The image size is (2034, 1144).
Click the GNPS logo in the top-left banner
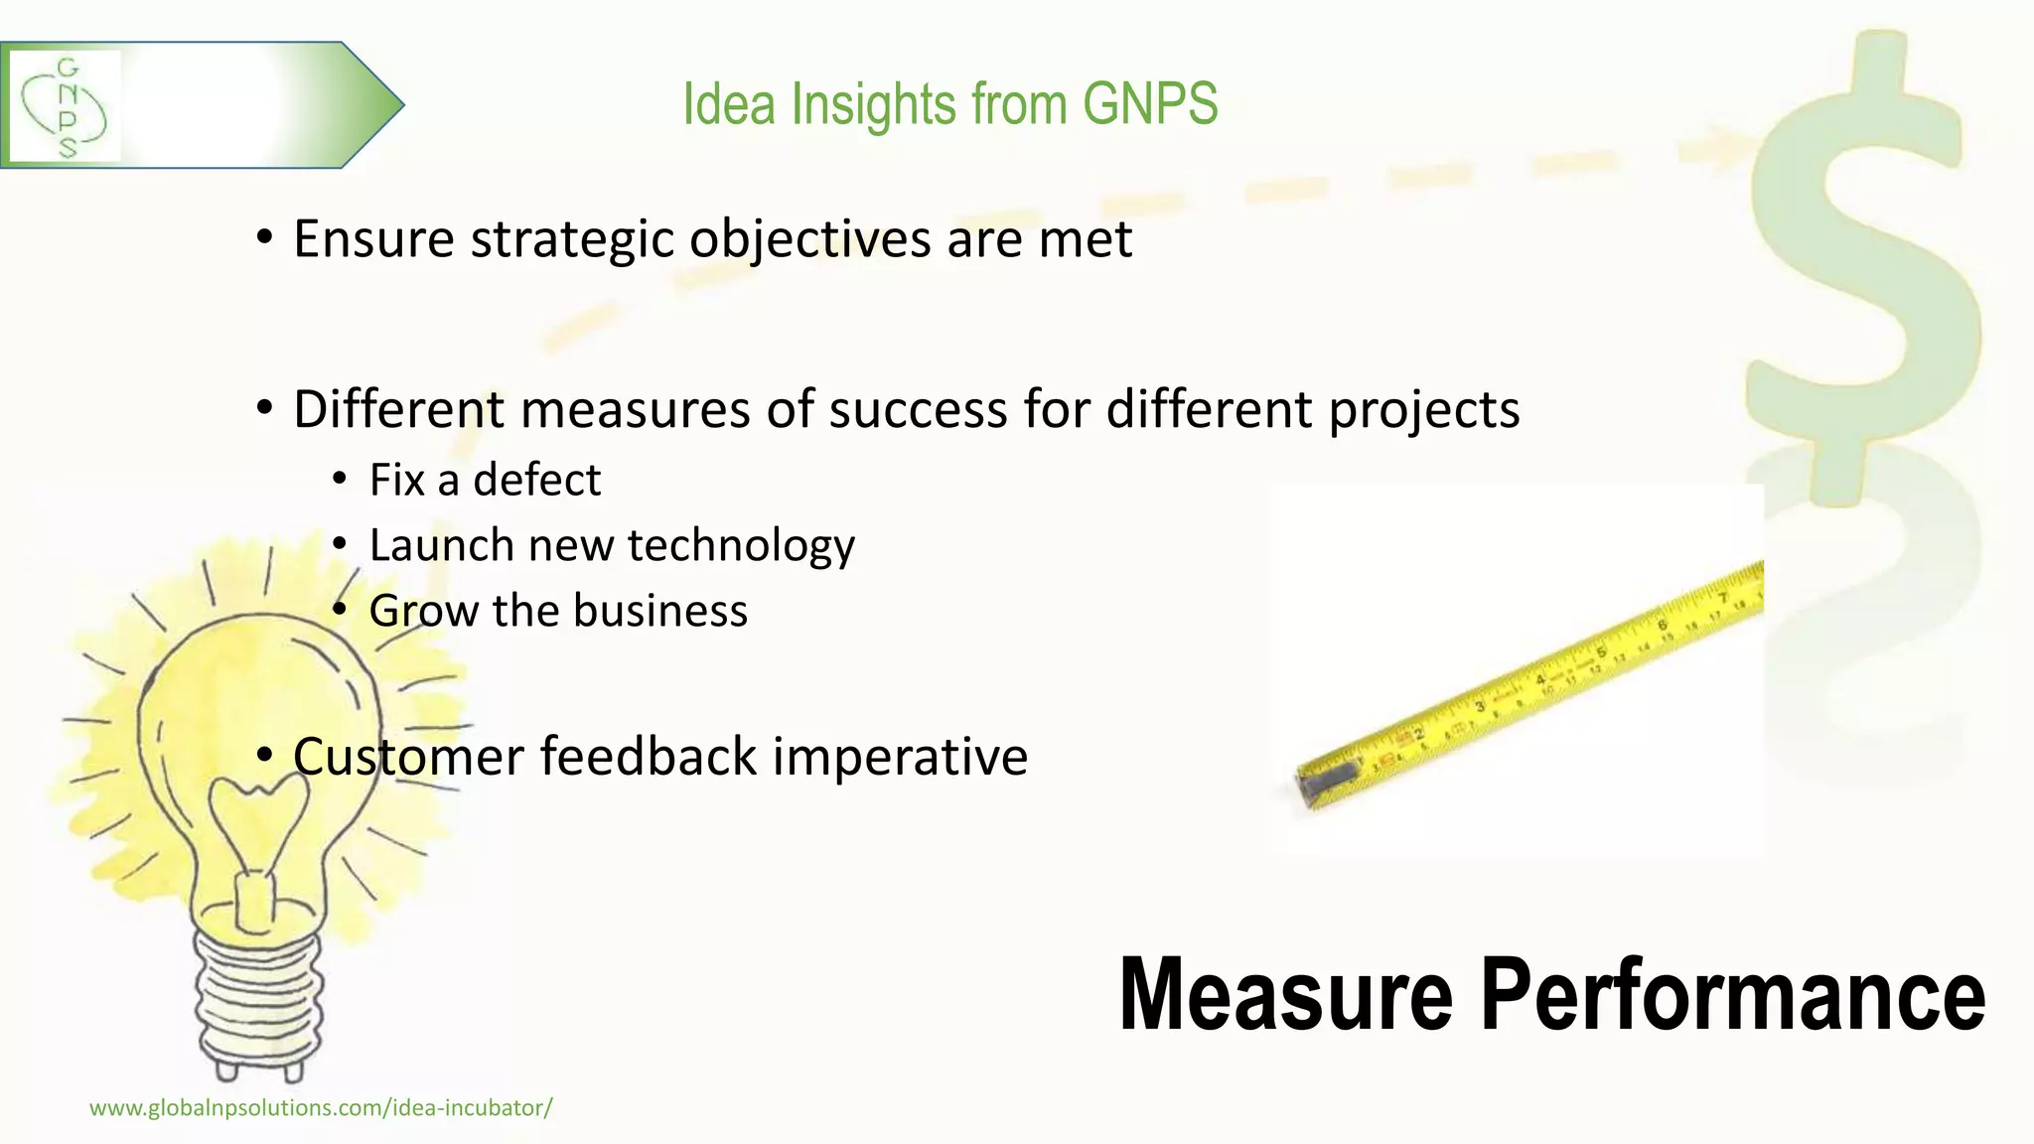coord(66,106)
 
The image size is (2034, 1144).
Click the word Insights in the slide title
coord(873,104)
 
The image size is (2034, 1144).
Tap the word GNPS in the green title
coord(1149,104)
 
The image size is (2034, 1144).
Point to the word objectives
coord(809,240)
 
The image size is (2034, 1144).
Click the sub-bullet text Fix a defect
coord(485,481)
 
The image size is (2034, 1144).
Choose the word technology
coord(741,546)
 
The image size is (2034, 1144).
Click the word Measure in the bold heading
coord(1285,995)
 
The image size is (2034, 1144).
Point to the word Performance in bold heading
coord(1732,995)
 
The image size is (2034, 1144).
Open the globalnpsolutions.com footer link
coord(321,1108)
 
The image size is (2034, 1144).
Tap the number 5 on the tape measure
coord(1600,652)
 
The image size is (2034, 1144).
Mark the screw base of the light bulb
coord(260,998)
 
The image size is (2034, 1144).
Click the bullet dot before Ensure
coord(264,238)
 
